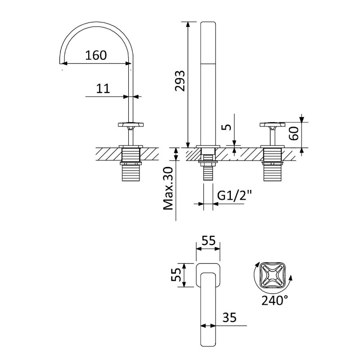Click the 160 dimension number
click(96, 55)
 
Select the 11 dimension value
click(103, 88)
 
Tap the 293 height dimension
click(180, 81)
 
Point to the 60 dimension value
click(294, 133)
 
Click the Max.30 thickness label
click(168, 188)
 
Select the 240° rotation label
click(274, 300)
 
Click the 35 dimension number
click(229, 318)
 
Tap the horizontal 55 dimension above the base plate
click(208, 241)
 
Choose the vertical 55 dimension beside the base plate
click(176, 275)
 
